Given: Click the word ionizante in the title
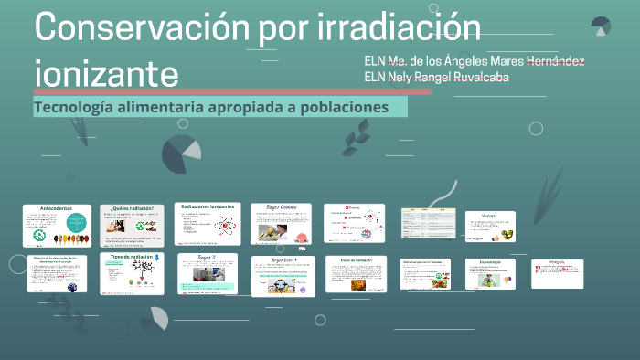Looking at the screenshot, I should [x=106, y=70].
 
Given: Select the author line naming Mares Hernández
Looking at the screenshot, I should [x=475, y=61].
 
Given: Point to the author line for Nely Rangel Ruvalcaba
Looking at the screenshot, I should [x=437, y=77].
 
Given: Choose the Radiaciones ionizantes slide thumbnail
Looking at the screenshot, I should [x=208, y=224].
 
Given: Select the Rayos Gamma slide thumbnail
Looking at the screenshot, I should [x=281, y=224].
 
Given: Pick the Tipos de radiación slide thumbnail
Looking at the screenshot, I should [x=133, y=273].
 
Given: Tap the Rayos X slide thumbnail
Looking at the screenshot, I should [x=208, y=273].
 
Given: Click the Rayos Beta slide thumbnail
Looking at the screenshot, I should [x=283, y=276].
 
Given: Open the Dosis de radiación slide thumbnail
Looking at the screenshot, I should [x=357, y=274].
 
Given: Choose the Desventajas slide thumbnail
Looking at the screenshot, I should [x=490, y=273].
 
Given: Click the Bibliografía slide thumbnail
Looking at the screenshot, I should [x=556, y=273].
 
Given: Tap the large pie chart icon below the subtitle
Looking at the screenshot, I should [x=181, y=154].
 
